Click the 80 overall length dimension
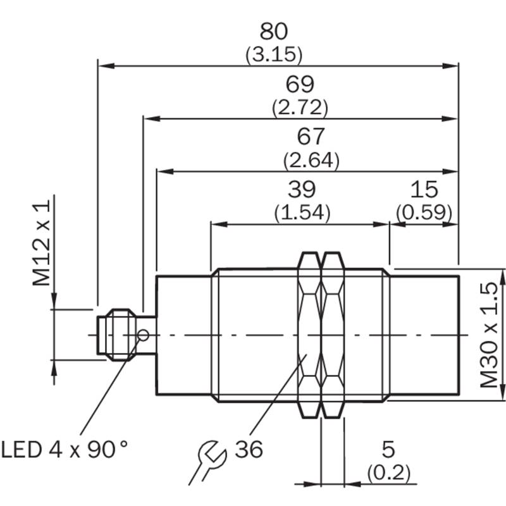273,31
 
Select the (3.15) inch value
274,54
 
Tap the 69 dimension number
300,84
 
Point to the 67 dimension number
311,137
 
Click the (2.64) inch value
311,160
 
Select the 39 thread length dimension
302,189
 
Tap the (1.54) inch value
302,213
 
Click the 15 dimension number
424,189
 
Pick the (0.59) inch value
424,213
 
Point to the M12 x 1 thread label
41,243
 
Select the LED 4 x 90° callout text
65,449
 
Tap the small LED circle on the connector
144,335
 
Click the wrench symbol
207,462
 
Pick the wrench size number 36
249,449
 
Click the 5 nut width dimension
388,449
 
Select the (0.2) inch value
388,472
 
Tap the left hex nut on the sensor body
310,335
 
